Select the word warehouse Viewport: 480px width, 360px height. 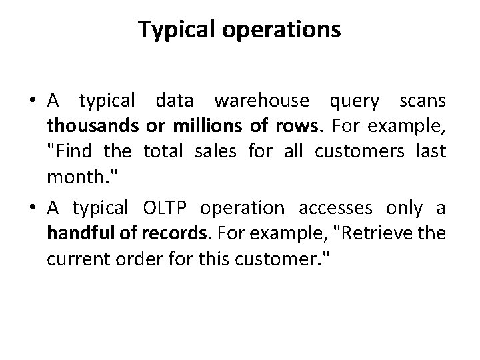click(x=262, y=101)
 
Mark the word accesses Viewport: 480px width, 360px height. click(x=340, y=209)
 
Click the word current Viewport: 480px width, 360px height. click(x=73, y=259)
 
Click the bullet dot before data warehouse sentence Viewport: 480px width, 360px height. click(x=31, y=101)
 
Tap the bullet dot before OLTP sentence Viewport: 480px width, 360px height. click(x=31, y=209)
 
